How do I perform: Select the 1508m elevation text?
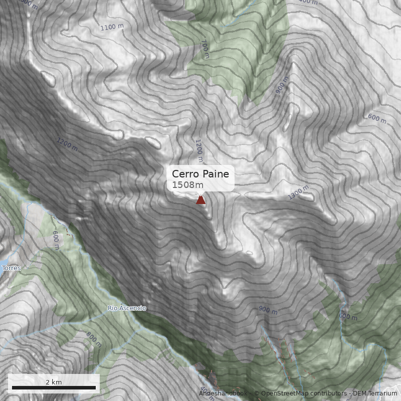(187, 185)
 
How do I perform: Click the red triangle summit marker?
(200, 200)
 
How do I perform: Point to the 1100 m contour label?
(112, 27)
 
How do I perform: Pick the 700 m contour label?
(204, 49)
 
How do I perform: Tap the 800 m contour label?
(94, 339)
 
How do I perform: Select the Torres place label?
(12, 268)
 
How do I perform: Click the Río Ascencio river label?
(127, 308)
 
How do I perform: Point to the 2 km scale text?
(54, 382)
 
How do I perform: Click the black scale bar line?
(54, 387)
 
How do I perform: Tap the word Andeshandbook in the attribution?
(223, 394)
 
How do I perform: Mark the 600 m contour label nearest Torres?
(56, 240)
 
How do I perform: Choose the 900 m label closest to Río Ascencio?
(268, 310)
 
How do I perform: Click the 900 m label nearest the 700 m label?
(282, 86)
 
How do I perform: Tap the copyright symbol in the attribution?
(257, 394)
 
